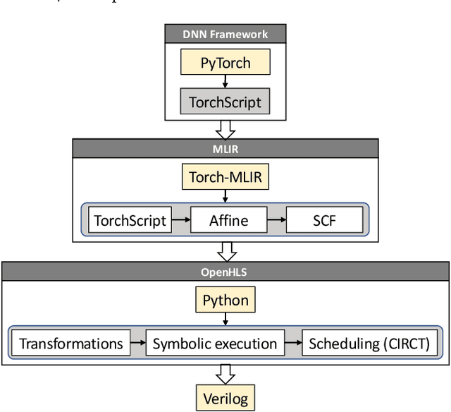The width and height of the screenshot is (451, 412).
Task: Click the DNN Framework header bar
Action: coord(225,33)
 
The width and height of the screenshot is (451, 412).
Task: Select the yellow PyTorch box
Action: coord(225,63)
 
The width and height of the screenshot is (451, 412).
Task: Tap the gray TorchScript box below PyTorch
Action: coord(225,102)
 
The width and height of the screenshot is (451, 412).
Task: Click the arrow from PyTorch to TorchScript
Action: coord(225,82)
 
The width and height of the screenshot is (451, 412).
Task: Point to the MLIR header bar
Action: coord(225,147)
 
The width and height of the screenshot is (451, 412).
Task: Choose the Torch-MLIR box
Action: coord(225,177)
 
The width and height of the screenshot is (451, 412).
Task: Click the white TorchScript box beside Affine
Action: coord(130,220)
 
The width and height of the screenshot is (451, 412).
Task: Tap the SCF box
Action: coord(326,220)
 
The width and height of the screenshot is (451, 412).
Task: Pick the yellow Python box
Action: coord(225,301)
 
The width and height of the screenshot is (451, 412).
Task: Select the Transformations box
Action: coord(70,344)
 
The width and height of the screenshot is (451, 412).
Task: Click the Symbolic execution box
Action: coord(216,344)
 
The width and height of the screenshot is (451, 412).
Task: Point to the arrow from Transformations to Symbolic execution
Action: coord(137,344)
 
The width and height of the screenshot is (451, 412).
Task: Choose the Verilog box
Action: coord(225,397)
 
